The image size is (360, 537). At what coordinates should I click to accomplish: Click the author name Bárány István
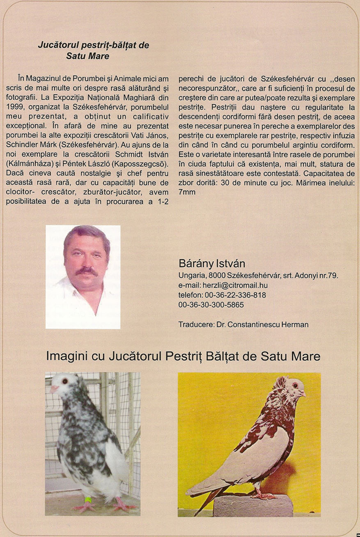pos(212,264)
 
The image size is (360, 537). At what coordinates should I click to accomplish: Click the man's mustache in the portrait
pos(87,270)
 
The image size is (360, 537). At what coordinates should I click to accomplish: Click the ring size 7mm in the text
pos(187,192)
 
